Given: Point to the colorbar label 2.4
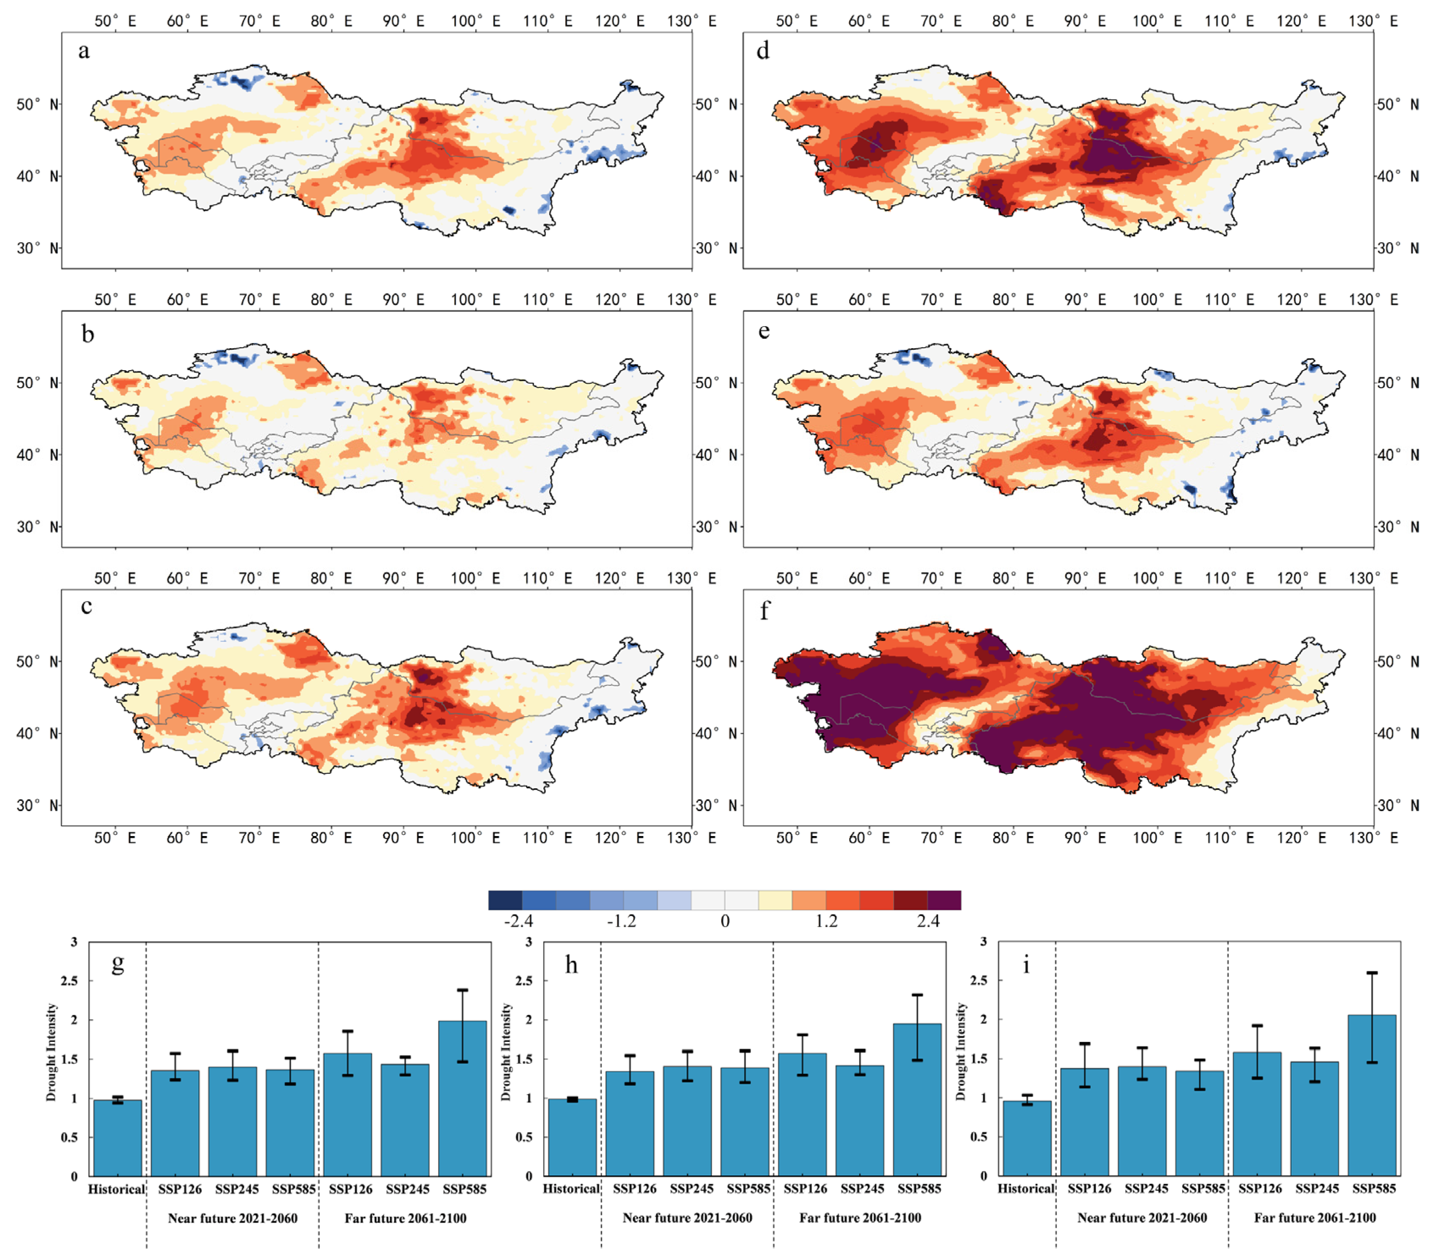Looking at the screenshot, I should [x=928, y=921].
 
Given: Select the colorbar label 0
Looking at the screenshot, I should [x=725, y=921].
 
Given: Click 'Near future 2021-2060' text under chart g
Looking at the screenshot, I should [x=232, y=1218].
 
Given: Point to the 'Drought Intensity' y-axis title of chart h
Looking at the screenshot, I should [x=506, y=1051].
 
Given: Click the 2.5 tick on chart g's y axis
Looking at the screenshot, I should [x=69, y=980].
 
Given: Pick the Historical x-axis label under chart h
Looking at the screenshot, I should [x=571, y=1188].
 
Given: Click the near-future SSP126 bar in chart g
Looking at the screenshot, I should [x=175, y=1123].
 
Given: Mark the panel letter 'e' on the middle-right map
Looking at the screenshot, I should [x=764, y=331].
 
